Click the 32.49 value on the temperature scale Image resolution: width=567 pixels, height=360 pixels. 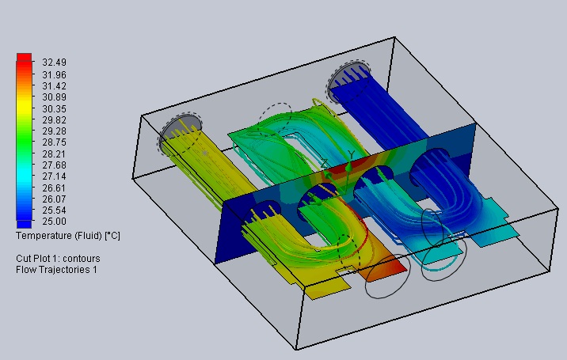[54, 63]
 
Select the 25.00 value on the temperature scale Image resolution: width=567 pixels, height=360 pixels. [54, 221]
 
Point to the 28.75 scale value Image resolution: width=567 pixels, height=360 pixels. [54, 142]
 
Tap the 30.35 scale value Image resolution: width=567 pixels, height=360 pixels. [54, 109]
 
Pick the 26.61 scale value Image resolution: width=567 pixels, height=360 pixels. [54, 188]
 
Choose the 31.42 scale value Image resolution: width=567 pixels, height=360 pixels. [54, 86]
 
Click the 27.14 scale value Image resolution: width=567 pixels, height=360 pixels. [54, 176]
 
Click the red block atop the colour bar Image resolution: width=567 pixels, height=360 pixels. [24, 57]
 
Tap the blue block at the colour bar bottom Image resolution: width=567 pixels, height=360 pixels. [24, 224]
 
